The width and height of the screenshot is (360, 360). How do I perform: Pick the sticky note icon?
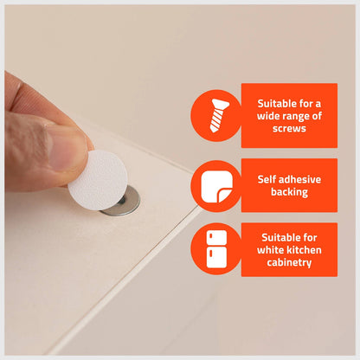pyautogui.click(x=215, y=185)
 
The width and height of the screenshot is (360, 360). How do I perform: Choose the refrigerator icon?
pyautogui.click(x=215, y=250)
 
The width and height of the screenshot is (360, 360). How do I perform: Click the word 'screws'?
pyautogui.click(x=289, y=129)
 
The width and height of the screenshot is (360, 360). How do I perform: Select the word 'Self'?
pyautogui.click(x=267, y=178)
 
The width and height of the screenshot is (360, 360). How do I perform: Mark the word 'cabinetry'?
pyautogui.click(x=289, y=261)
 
